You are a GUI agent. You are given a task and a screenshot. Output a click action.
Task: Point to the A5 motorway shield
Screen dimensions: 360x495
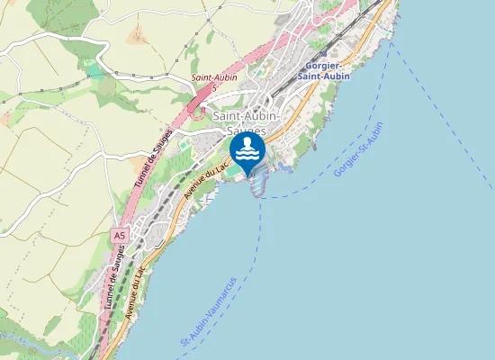click(120, 236)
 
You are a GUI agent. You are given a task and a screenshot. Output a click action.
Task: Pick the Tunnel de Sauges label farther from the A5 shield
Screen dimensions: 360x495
click(152, 158)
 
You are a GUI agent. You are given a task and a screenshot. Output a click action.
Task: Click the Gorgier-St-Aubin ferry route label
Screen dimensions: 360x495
click(358, 148)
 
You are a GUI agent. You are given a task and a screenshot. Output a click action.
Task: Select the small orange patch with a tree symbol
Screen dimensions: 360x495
click(137, 37)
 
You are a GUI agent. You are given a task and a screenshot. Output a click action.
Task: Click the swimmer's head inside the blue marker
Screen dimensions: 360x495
click(247, 142)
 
